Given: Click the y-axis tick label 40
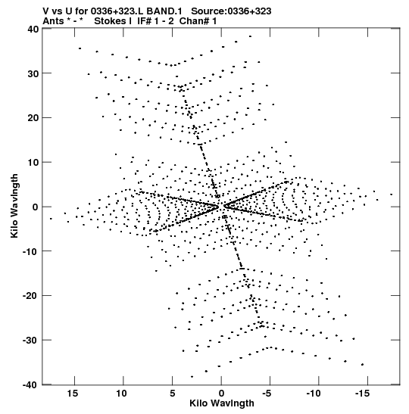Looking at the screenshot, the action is (33, 29).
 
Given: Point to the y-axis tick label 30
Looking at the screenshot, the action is (33, 73).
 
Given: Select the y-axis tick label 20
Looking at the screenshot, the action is (33, 118).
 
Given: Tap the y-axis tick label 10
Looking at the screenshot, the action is (33, 163).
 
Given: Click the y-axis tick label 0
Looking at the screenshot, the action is (36, 207).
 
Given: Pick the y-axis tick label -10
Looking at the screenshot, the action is (30, 251).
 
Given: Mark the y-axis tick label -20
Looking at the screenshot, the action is (30, 296).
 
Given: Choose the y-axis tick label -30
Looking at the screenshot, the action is (30, 341).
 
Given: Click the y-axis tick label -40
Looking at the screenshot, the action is (30, 385).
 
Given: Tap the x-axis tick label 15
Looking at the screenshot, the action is (73, 394).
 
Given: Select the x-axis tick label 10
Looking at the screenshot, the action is (122, 394).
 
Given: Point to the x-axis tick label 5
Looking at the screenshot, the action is (172, 394).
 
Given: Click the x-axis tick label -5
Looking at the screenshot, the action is (267, 394).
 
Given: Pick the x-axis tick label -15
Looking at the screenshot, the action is (363, 394).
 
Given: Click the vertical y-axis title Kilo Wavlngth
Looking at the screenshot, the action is (14, 206).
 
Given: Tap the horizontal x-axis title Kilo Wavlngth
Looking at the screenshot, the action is (222, 403).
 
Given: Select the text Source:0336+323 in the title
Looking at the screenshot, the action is (231, 11).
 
